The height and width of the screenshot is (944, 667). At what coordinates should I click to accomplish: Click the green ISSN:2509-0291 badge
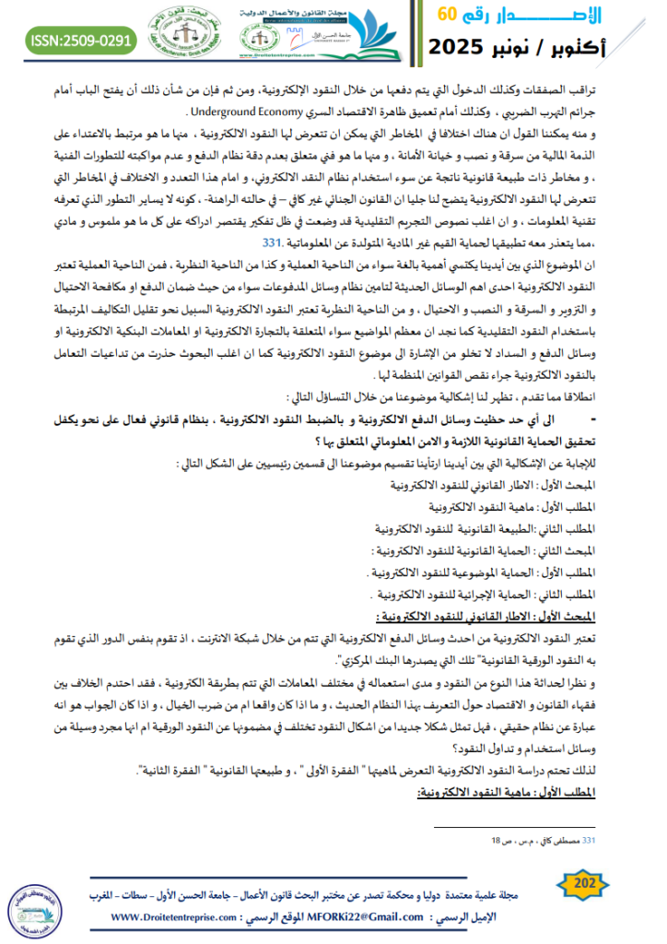pyautogui.click(x=80, y=41)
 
